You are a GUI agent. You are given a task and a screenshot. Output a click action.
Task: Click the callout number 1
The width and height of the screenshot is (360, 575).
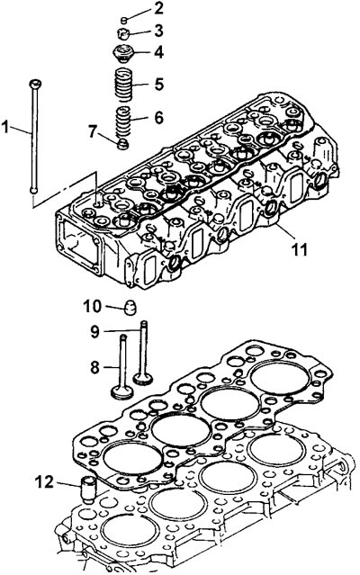pyautogui.click(x=4, y=127)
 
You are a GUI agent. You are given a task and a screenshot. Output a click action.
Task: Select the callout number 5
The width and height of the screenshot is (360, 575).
pyautogui.click(x=158, y=84)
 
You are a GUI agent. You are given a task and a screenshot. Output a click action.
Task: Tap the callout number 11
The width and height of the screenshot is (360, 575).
pyautogui.click(x=300, y=249)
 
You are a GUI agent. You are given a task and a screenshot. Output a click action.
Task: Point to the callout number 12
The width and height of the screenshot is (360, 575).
pyautogui.click(x=44, y=481)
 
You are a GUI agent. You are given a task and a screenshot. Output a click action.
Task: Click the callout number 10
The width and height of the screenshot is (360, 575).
pyautogui.click(x=92, y=306)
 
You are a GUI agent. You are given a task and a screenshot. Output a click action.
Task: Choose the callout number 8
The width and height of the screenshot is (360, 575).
pyautogui.click(x=94, y=367)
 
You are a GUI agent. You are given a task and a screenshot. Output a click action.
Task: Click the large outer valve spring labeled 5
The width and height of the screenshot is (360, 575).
pyautogui.click(x=123, y=85)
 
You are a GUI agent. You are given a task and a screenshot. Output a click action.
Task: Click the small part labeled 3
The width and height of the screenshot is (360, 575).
pyautogui.click(x=123, y=34)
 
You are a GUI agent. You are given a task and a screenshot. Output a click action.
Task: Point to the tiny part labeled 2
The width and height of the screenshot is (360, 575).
pyautogui.click(x=124, y=20)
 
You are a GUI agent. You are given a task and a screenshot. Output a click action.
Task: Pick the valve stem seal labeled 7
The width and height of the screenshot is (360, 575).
pyautogui.click(x=122, y=144)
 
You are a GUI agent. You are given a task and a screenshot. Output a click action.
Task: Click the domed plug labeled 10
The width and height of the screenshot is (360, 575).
pyautogui.click(x=130, y=308)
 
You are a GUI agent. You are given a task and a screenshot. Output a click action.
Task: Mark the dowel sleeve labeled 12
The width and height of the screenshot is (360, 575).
pyautogui.click(x=87, y=490)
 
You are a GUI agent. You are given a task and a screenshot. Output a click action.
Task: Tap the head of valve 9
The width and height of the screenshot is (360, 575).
pyautogui.click(x=142, y=377)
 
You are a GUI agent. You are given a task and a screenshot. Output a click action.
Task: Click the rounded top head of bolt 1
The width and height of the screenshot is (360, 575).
pyautogui.click(x=35, y=84)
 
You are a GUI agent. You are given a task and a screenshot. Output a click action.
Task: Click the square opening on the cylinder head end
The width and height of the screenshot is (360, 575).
pyautogui.click(x=79, y=242)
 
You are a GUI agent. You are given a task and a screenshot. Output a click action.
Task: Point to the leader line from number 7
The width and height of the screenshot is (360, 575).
pyautogui.click(x=109, y=138)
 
